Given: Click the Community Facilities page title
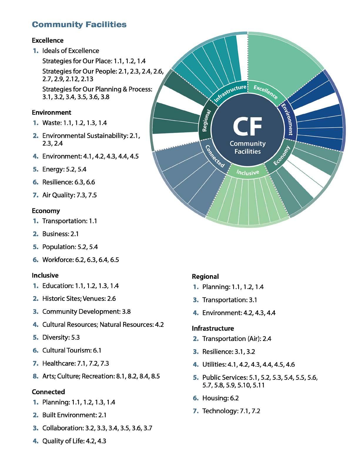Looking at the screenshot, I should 79,24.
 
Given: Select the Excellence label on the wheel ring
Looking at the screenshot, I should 265,92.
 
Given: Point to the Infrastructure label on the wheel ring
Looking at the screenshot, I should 230,93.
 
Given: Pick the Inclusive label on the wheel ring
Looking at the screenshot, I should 248,172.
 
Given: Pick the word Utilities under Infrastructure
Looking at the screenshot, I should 214,365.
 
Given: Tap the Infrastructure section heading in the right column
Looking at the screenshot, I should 213,328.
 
